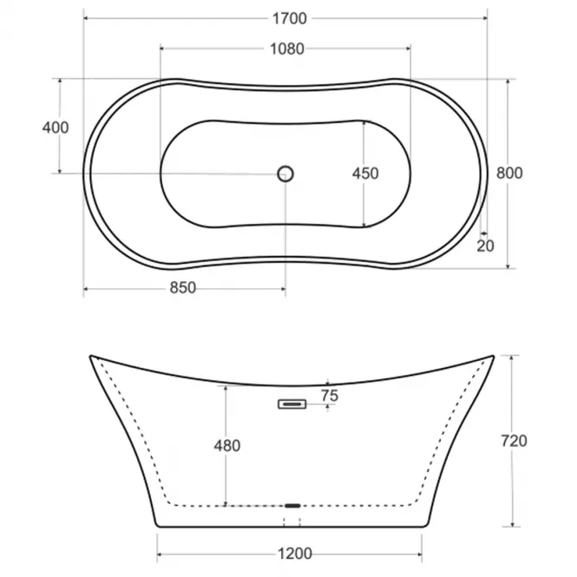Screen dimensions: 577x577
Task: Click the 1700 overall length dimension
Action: (289, 18)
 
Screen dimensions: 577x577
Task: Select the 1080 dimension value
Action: (287, 49)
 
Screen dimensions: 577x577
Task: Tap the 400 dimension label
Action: (56, 128)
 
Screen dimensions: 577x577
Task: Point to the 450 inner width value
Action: (365, 174)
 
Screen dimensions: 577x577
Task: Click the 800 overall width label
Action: (509, 173)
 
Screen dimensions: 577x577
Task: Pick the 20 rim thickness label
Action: (485, 246)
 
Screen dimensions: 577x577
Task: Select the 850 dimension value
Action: (183, 288)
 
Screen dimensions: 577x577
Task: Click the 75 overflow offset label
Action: (330, 396)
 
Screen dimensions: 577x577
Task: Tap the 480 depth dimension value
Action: (227, 446)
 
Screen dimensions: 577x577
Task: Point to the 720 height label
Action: (514, 441)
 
